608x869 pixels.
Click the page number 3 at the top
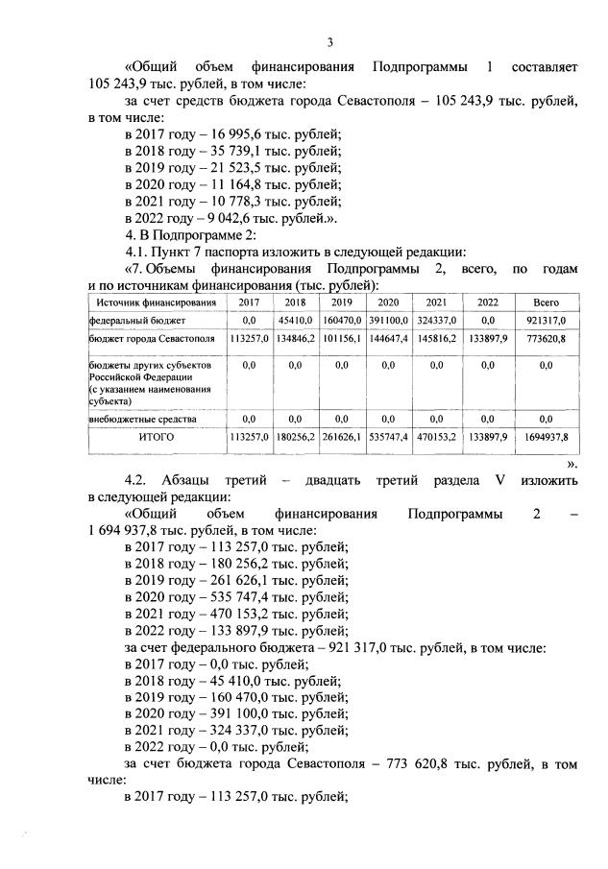point(329,42)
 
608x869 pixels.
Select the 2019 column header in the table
point(341,302)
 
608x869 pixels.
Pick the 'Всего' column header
point(546,302)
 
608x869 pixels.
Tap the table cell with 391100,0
point(392,320)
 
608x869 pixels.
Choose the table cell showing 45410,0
point(294,320)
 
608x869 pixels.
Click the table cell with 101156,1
point(341,339)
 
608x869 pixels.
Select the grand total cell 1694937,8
point(546,437)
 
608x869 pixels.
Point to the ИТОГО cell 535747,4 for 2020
point(392,437)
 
